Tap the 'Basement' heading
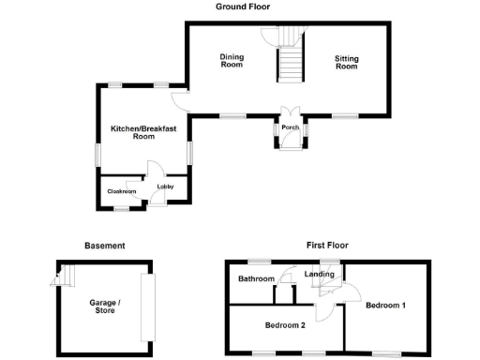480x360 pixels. click(104, 246)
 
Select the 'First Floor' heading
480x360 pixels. click(327, 246)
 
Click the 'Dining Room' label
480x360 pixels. click(232, 61)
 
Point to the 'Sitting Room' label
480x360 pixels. click(347, 63)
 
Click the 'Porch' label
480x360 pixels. click(290, 127)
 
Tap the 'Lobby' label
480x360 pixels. click(165, 186)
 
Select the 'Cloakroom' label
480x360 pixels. click(122, 191)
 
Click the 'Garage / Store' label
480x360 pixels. click(104, 307)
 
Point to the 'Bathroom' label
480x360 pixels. click(255, 279)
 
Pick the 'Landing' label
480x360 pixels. click(320, 274)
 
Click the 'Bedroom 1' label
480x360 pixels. click(385, 306)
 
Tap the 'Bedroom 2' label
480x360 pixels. click(285, 325)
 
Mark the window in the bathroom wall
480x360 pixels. click(259, 261)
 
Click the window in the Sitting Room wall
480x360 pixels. click(344, 115)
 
